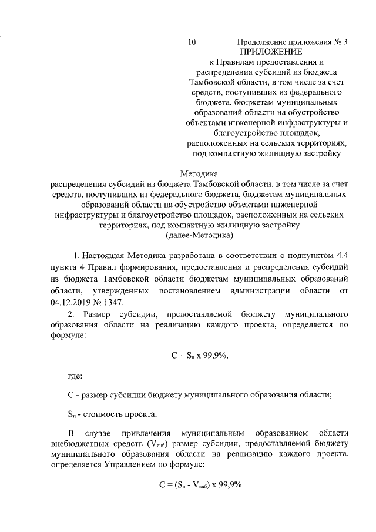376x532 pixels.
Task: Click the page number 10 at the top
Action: click(192, 42)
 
